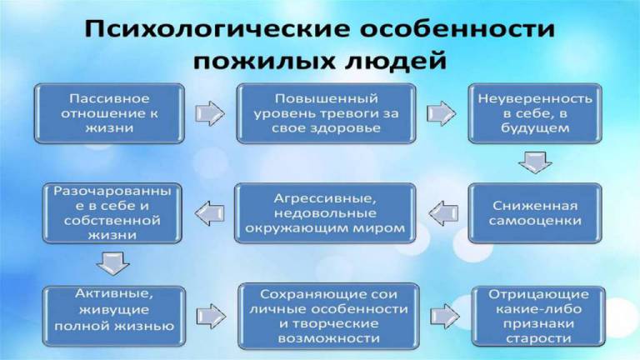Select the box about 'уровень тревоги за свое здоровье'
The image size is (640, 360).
[327, 113]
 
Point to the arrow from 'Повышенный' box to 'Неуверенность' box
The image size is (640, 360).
[438, 111]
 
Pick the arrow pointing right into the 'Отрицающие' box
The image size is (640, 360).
[442, 314]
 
